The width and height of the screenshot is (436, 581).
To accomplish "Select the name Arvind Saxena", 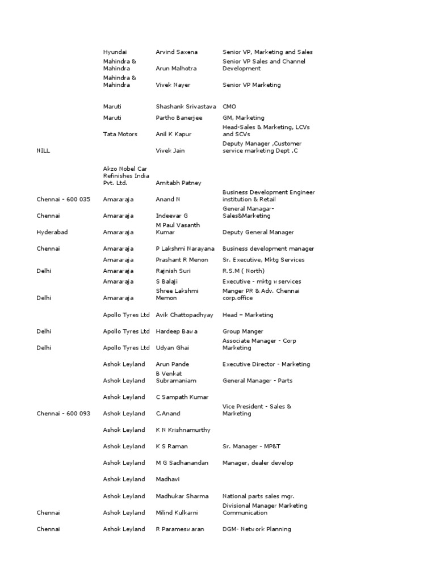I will [x=177, y=52].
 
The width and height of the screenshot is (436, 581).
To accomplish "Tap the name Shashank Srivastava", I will [x=186, y=107].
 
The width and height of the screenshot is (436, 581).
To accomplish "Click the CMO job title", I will [x=229, y=107].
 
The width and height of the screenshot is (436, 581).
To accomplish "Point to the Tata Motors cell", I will [x=120, y=134].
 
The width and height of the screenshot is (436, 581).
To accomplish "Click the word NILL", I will [x=43, y=151].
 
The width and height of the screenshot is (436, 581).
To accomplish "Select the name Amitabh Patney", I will [x=178, y=183].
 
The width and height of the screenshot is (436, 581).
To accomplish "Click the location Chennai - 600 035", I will [x=64, y=200].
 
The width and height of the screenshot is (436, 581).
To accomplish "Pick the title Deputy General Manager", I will [x=258, y=233].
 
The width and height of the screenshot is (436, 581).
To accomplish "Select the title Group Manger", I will [x=243, y=331].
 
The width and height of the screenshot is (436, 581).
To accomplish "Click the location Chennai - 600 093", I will [x=64, y=414].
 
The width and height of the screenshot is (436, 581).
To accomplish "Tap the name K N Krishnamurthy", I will [x=183, y=430].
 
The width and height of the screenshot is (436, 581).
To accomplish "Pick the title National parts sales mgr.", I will [x=258, y=496].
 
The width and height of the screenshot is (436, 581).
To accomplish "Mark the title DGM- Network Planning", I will [x=257, y=529].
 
